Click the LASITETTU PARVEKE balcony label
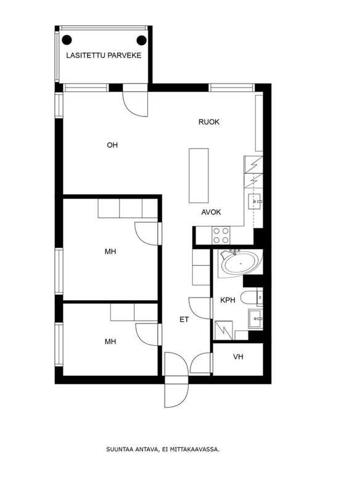tap(104, 55)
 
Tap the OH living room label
tap(112, 145)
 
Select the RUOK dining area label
tap(209, 122)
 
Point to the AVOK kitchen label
tap(211, 212)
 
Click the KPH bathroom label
tap(227, 300)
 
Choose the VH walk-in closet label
tap(238, 357)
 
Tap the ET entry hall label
tap(184, 320)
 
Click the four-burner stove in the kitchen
tap(221, 235)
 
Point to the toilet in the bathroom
tap(249, 298)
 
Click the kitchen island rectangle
tap(198, 176)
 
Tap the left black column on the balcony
tap(67, 40)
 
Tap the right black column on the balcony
tap(142, 40)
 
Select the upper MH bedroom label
tap(110, 251)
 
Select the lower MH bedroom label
tap(110, 341)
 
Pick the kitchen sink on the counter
tap(255, 202)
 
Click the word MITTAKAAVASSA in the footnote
tap(195, 450)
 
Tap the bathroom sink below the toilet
tap(255, 319)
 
